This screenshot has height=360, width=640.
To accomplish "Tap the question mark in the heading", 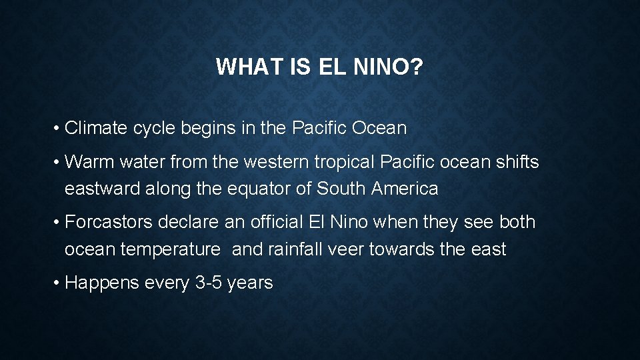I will click(417, 67).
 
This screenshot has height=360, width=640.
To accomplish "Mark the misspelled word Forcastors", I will click(107, 222).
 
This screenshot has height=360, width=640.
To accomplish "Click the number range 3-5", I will click(209, 283).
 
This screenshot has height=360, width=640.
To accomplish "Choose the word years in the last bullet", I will click(250, 283).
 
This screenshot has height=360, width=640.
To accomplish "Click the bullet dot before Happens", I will click(58, 283).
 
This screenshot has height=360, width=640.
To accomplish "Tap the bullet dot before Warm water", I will click(58, 162).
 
